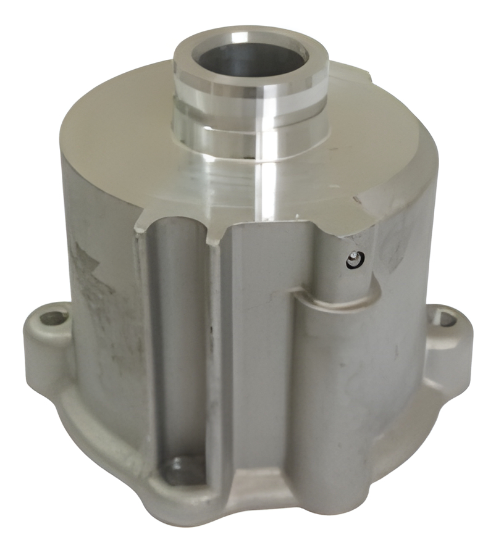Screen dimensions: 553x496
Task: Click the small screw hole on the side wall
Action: pyautogui.click(x=353, y=260)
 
